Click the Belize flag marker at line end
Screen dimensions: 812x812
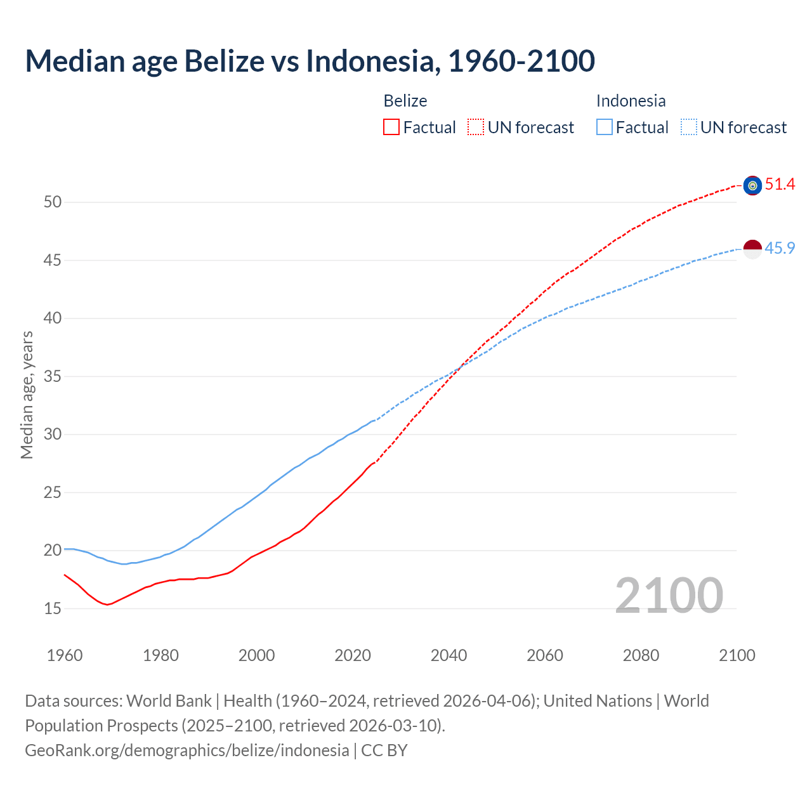(752, 185)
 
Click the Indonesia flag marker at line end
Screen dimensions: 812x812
(752, 249)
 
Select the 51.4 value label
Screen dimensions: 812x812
(780, 185)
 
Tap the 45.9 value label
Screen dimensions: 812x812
(780, 248)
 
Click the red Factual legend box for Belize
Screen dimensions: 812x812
(391, 128)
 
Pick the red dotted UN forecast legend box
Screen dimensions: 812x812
(476, 128)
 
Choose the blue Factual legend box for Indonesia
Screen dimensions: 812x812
(605, 128)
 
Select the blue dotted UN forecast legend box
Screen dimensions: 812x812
(689, 128)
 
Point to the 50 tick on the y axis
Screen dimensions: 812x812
(53, 202)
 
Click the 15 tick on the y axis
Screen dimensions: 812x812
(53, 609)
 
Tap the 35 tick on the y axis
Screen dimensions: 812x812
(53, 377)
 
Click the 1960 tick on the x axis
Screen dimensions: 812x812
(65, 655)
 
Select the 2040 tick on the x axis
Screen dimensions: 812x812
(449, 655)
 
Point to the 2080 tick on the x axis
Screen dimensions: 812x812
(641, 655)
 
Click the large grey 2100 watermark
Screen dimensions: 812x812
(669, 595)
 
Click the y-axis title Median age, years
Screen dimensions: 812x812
(27, 395)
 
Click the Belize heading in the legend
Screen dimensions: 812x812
(405, 101)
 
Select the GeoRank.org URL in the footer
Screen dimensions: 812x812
(187, 750)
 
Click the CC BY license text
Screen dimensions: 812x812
(384, 750)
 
